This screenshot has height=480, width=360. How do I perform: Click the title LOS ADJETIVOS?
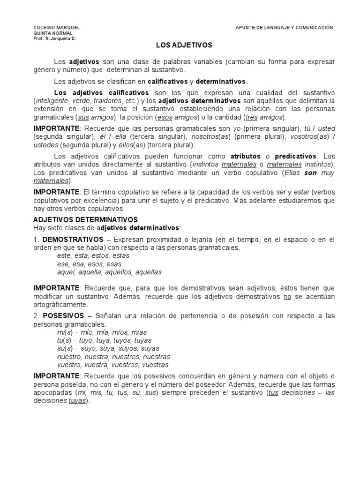click(x=183, y=45)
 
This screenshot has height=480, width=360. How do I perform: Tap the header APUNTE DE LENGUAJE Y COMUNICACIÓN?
click(x=284, y=28)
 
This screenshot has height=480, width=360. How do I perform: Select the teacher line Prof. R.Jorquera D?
click(x=54, y=38)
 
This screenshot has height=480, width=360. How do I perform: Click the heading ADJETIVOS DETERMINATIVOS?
click(x=85, y=219)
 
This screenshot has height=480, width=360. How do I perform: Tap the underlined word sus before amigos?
click(x=83, y=117)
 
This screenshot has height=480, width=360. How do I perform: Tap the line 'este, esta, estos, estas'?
click(x=93, y=256)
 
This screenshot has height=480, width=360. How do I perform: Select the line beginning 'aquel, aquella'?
click(x=109, y=272)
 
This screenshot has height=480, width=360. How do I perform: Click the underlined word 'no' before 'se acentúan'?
click(x=287, y=297)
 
